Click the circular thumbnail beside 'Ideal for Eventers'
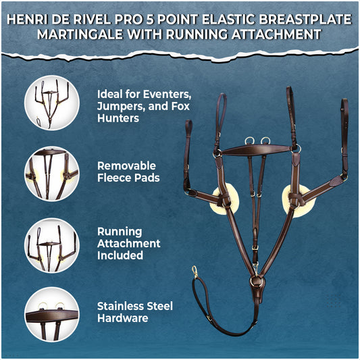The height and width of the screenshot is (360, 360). [52, 103]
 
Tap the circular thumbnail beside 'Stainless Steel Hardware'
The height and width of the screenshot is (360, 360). [52, 315]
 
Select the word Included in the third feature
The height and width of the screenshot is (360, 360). [120, 255]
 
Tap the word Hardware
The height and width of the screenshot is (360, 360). [123, 318]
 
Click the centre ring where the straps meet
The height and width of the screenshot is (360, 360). [257, 280]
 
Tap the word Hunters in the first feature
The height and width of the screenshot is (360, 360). [118, 118]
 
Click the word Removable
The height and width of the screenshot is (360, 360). [126, 165]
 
